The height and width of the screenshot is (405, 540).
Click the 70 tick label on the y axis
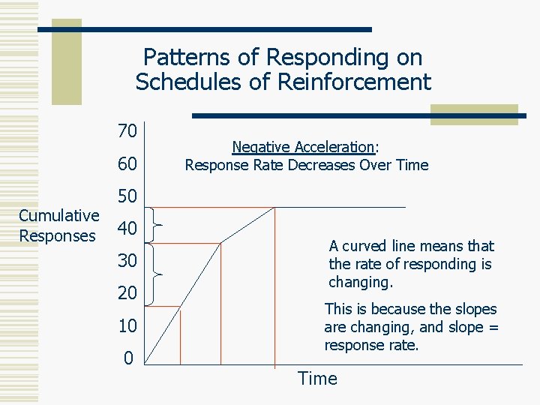[x=127, y=131]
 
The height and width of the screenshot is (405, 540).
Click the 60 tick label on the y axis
[x=127, y=163]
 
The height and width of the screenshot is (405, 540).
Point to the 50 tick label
[x=127, y=196]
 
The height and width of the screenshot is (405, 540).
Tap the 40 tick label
[x=127, y=229]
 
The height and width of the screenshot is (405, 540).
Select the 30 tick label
[x=127, y=261]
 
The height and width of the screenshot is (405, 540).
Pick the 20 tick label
[x=127, y=293]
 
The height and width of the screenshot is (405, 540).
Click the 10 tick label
[x=127, y=326]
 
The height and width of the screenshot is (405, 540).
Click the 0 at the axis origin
[x=127, y=358]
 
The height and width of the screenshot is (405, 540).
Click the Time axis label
[x=317, y=379]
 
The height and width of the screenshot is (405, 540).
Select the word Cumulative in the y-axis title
[x=58, y=216]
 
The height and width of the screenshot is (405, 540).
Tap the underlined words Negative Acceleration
[x=302, y=148]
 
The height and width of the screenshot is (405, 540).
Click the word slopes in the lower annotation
[x=476, y=309]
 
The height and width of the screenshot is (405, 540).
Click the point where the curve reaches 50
[x=274, y=207]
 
